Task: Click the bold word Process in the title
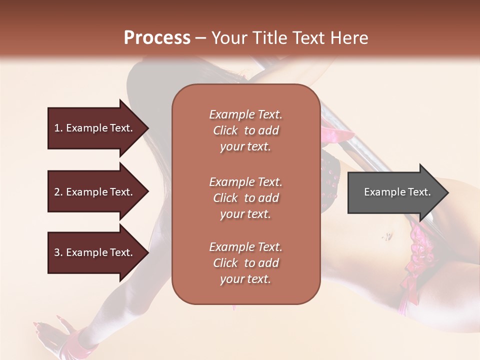click(x=157, y=38)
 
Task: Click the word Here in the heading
click(x=349, y=38)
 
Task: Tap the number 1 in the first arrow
click(x=57, y=128)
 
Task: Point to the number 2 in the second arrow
click(x=57, y=192)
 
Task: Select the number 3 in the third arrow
click(x=57, y=252)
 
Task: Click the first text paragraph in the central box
click(x=245, y=130)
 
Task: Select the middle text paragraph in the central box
click(x=245, y=198)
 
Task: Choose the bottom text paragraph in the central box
click(x=245, y=263)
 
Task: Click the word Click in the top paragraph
click(x=225, y=130)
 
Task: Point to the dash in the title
click(x=201, y=38)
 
